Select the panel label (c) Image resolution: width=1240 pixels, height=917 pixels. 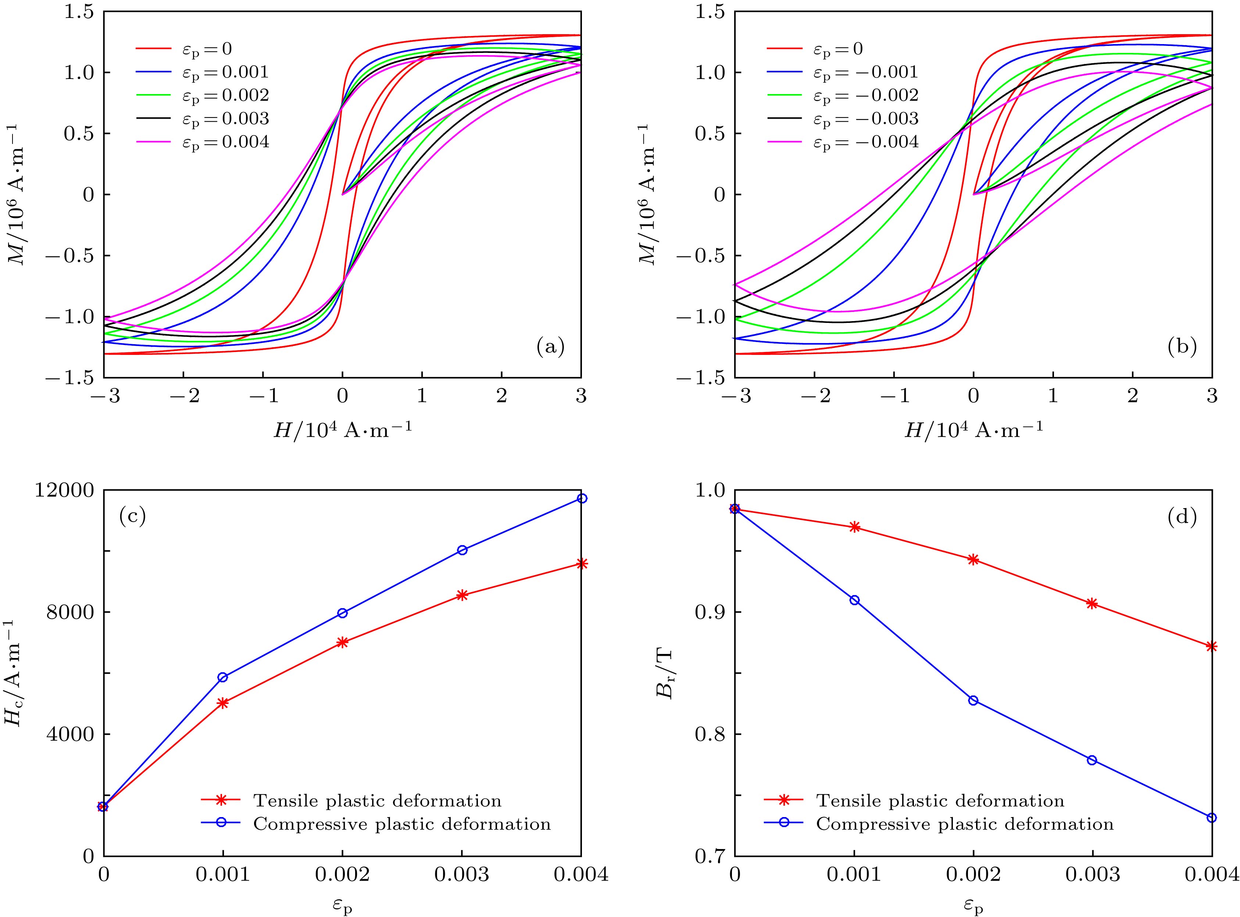coord(132,517)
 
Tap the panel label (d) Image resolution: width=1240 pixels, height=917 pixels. coord(1182,517)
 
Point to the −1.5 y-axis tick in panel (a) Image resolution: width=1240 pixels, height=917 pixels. coord(71,378)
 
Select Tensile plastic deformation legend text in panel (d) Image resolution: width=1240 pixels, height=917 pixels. coord(940,801)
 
